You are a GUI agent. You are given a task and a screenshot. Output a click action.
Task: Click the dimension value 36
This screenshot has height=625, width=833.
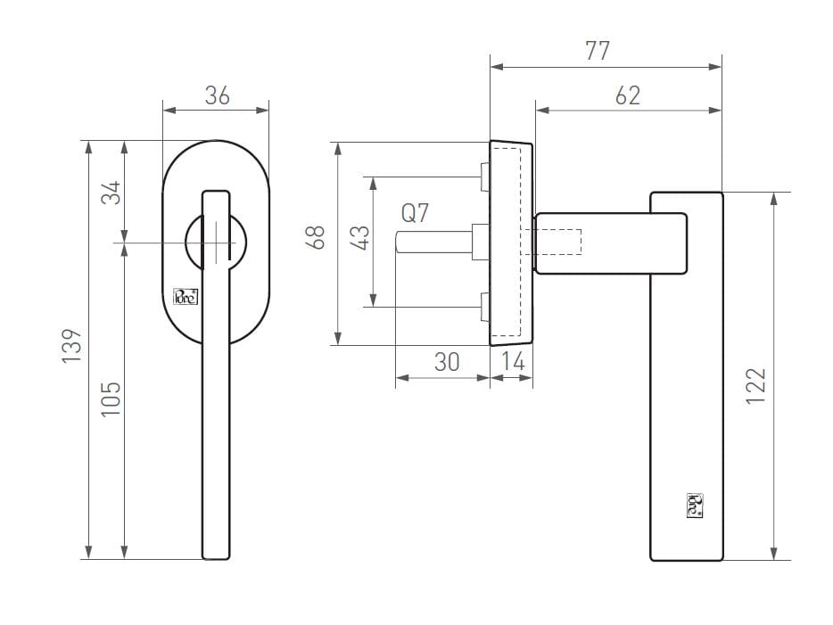pos(217,95)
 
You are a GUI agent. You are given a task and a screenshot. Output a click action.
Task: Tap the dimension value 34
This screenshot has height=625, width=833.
pos(110,192)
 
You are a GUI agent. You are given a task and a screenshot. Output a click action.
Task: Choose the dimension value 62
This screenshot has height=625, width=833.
pos(628,95)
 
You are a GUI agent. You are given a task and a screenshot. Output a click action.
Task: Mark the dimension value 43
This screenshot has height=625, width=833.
pos(360,237)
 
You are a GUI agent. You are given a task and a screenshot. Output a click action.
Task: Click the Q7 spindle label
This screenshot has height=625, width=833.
pos(415,213)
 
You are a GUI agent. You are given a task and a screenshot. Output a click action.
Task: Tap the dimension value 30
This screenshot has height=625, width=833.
pos(446,361)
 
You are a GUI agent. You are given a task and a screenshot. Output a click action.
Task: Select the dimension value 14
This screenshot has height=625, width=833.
pos(513,361)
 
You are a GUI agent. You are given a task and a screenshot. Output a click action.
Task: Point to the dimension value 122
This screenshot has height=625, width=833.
pos(755,386)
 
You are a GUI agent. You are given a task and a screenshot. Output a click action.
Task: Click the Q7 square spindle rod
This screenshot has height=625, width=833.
pos(433,243)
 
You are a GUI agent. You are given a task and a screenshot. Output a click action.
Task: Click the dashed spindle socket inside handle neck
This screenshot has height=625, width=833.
pos(557,242)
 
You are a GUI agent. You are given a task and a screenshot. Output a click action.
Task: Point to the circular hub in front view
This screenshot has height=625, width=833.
pos(215,241)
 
